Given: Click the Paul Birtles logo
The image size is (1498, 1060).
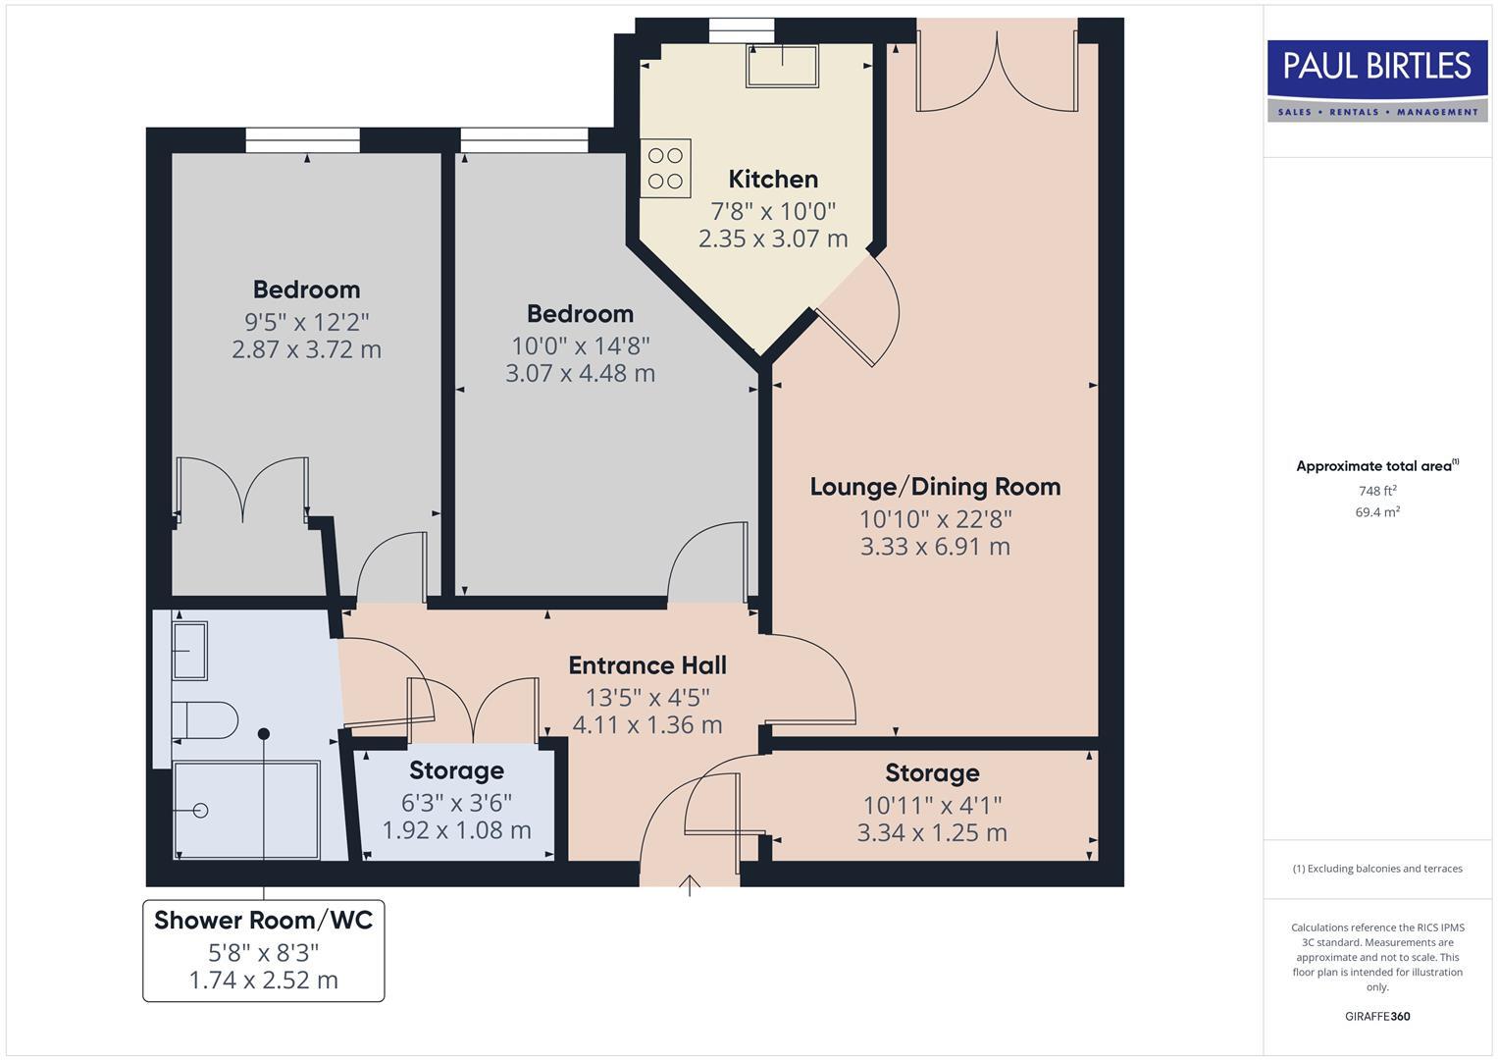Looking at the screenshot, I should [x=1376, y=79].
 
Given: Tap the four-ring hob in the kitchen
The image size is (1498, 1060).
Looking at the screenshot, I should [x=666, y=168].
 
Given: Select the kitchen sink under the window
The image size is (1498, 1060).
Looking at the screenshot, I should [x=782, y=65].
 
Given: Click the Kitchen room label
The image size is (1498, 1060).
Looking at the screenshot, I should [x=773, y=180].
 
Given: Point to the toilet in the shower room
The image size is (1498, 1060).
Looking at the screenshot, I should [x=206, y=720].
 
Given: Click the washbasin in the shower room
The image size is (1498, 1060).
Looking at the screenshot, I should [x=189, y=650].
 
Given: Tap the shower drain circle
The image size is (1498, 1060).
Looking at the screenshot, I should [x=201, y=811].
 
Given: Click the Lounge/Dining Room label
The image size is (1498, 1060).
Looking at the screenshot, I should [x=935, y=487].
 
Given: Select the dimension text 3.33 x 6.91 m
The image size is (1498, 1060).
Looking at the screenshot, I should [x=935, y=547].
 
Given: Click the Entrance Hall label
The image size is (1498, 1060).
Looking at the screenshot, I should [x=647, y=665].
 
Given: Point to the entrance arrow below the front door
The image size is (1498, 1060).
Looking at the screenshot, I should [x=690, y=885].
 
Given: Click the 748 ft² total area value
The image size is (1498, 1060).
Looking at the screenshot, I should [x=1377, y=491].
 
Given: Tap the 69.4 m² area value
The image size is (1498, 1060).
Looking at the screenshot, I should [x=1377, y=512].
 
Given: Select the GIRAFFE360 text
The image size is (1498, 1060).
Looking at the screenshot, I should [x=1377, y=1016].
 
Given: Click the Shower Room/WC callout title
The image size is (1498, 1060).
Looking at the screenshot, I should [x=263, y=921].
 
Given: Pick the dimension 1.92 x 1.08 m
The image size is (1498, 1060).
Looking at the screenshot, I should [x=456, y=830].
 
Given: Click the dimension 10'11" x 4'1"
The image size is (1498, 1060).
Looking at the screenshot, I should [x=932, y=806].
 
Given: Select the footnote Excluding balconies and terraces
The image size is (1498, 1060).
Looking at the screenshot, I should [x=1377, y=869].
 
